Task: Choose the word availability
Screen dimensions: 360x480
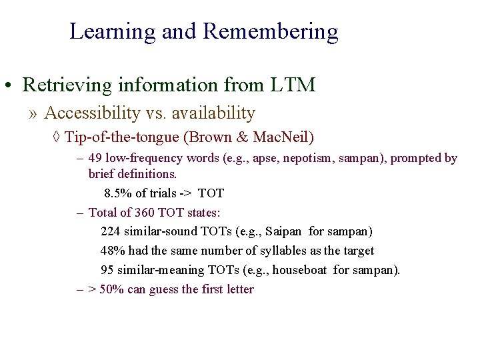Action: point(213,114)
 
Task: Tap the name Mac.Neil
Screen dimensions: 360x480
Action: point(281,137)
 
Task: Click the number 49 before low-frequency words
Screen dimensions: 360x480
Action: point(95,159)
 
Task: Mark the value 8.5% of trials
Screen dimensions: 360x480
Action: point(115,193)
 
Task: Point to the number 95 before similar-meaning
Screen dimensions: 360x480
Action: point(107,270)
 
